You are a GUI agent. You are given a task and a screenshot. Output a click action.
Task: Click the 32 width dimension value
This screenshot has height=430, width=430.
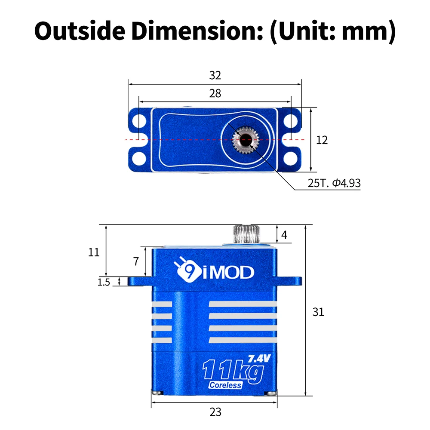[x=215, y=75]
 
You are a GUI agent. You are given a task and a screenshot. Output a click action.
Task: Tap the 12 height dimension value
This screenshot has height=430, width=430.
[x=322, y=140]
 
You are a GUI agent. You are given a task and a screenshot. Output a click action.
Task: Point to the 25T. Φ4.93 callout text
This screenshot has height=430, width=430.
[x=334, y=183]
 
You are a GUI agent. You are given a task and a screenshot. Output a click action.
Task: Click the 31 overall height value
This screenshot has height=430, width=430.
[x=318, y=312]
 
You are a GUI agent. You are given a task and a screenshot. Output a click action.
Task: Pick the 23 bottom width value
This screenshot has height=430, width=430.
[x=215, y=412]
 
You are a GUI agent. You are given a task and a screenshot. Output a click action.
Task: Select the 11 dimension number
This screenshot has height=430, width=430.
[x=94, y=252]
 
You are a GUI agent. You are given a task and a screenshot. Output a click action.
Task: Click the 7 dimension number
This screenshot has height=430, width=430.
[x=136, y=261]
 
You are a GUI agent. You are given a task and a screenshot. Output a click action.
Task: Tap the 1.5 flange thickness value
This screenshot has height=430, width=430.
[x=104, y=282]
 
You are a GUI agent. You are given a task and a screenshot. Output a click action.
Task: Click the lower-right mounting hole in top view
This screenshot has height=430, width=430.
[x=291, y=159]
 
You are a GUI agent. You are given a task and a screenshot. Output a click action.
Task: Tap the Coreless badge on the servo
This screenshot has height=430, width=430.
[x=225, y=385]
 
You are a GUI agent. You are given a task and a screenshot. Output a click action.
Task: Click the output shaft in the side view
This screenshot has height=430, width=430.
[x=247, y=234]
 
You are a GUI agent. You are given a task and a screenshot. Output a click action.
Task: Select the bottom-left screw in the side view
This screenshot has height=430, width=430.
[x=157, y=393]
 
